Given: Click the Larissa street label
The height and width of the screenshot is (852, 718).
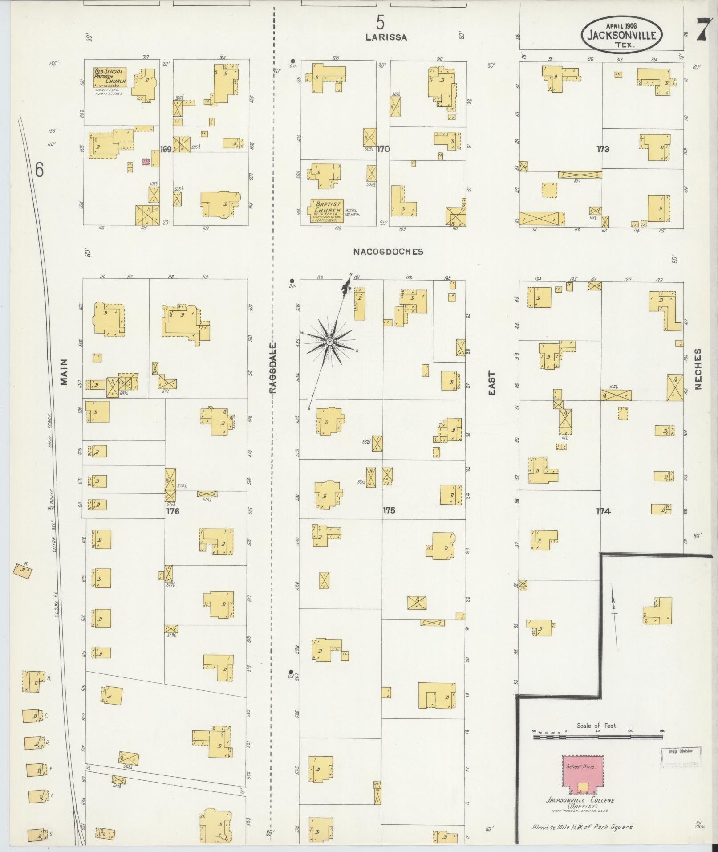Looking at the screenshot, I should pos(386,37).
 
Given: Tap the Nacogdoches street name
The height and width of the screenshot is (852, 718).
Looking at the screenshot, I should pos(388,252).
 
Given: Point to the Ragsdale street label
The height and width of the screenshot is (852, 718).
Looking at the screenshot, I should pos(272,368).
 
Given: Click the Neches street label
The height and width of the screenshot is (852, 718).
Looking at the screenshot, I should pos(697,369).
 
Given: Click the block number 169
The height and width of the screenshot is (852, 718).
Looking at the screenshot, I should pos(166,149).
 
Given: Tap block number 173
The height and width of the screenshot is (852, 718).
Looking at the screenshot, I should pos(603,149).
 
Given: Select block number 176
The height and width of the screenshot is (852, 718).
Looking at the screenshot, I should pos(173,511).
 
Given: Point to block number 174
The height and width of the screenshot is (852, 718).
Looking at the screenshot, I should pos(603,511).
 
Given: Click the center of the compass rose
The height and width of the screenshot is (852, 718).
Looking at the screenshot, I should pos(330,342).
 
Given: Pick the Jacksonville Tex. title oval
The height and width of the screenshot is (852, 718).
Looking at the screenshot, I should pos(621,35).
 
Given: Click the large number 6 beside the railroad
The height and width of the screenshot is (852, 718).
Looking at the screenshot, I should pos(40,170).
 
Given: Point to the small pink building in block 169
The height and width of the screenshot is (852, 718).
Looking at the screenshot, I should pos(145,162).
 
